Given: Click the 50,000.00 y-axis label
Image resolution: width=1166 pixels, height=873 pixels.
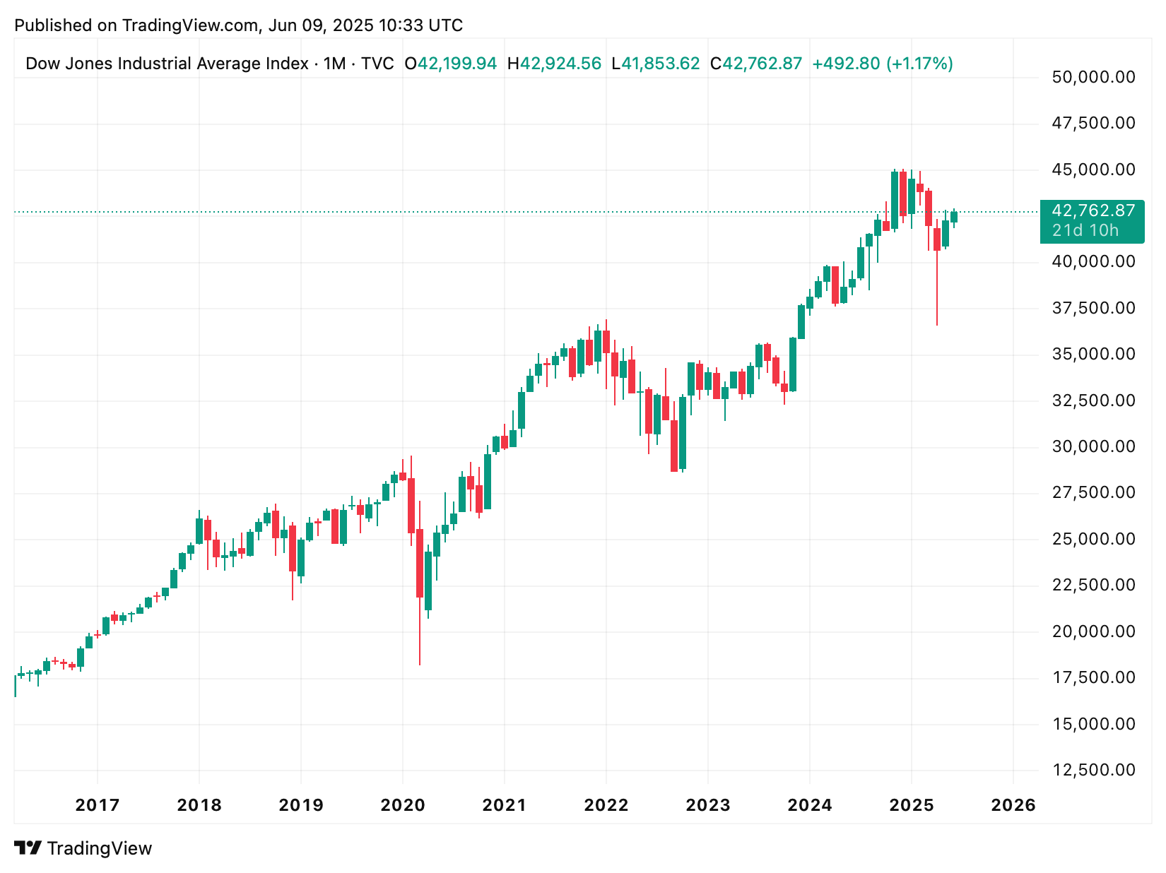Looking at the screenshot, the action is pyautogui.click(x=1093, y=77).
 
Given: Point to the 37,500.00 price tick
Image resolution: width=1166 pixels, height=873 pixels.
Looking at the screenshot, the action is pyautogui.click(x=1093, y=308).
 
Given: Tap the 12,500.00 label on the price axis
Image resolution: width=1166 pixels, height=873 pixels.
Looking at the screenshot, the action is pyautogui.click(x=1093, y=770).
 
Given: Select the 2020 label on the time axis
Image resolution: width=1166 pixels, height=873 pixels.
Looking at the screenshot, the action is pyautogui.click(x=403, y=806).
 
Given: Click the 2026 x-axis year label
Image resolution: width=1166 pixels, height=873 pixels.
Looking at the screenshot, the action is pyautogui.click(x=1013, y=806).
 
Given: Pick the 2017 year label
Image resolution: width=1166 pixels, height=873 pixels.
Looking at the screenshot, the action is pyautogui.click(x=98, y=806).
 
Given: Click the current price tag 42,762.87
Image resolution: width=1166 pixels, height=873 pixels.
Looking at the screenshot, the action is pyautogui.click(x=1093, y=210).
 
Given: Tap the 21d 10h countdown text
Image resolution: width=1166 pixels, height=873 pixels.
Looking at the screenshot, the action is pyautogui.click(x=1085, y=231).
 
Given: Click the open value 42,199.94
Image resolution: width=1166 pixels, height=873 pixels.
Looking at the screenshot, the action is pyautogui.click(x=457, y=64).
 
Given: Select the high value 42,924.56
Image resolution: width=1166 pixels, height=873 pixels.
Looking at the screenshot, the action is pyautogui.click(x=560, y=64).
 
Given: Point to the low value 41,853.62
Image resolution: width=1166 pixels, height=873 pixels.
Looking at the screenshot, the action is pyautogui.click(x=660, y=64).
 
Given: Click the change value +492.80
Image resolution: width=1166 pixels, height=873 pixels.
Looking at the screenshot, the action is pyautogui.click(x=846, y=64).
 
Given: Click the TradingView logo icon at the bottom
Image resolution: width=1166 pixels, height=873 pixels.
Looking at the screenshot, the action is pyautogui.click(x=28, y=848).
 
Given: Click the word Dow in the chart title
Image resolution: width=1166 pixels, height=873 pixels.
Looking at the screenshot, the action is pyautogui.click(x=40, y=64).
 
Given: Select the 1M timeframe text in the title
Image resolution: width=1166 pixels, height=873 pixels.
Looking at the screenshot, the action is pyautogui.click(x=335, y=64).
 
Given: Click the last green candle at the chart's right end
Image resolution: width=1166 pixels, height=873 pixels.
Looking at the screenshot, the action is pyautogui.click(x=954, y=217).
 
